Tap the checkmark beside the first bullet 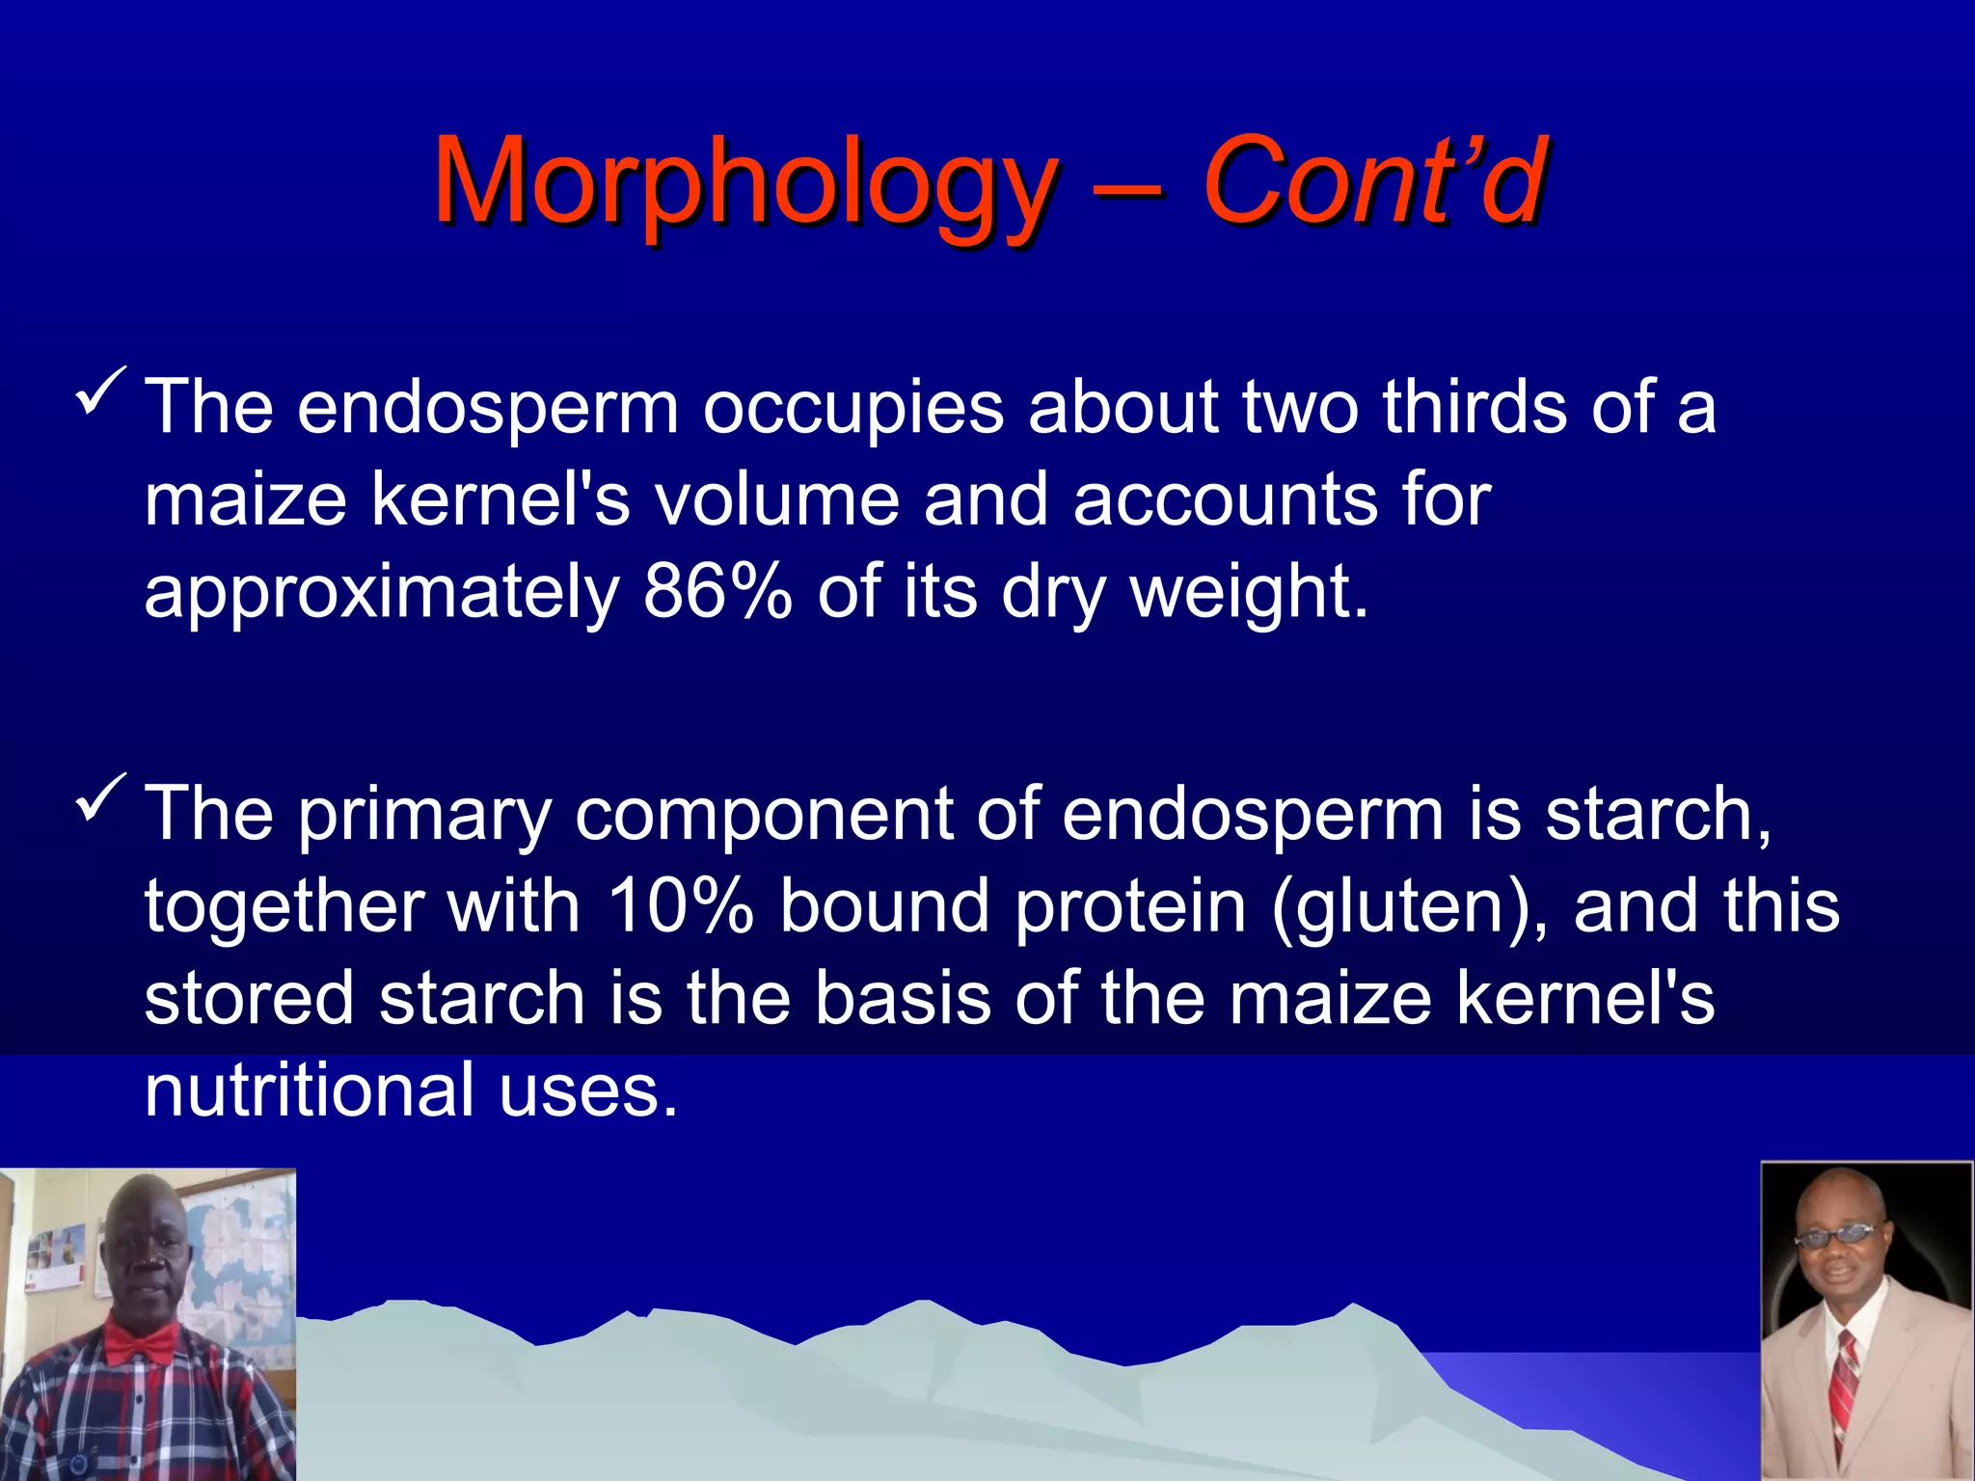100,390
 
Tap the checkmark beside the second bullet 100,797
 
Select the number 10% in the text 680,906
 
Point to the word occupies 852,407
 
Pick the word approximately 382,592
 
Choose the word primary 423,816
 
